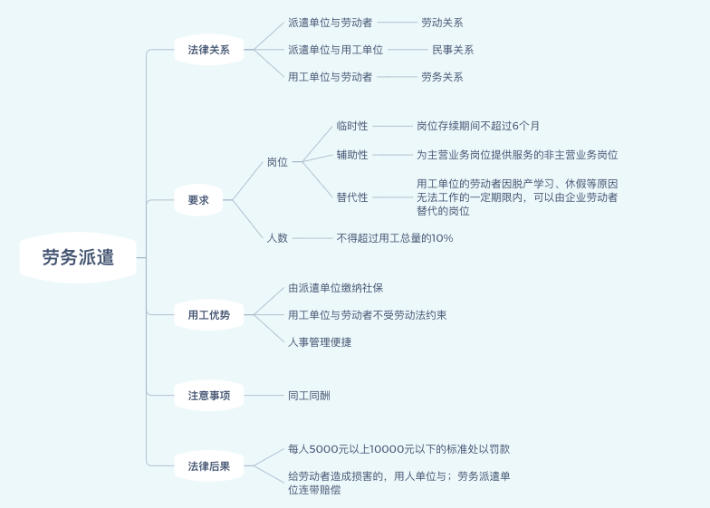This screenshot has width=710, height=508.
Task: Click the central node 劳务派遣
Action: tap(78, 257)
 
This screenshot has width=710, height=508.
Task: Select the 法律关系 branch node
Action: tap(209, 50)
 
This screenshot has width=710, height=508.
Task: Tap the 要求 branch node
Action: tap(198, 200)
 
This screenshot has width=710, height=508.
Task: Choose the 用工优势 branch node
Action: tap(209, 315)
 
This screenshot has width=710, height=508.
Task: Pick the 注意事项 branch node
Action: tap(209, 396)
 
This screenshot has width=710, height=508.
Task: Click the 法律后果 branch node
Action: tap(209, 467)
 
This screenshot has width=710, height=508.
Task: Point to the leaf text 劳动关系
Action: tap(442, 23)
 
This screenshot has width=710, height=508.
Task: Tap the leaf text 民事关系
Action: tap(453, 50)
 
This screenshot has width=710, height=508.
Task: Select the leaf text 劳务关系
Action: tap(442, 77)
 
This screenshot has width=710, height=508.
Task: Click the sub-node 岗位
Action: tap(277, 162)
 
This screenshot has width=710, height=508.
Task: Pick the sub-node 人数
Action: tap(277, 238)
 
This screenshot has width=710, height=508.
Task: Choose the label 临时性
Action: tap(352, 126)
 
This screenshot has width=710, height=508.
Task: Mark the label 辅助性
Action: tap(352, 155)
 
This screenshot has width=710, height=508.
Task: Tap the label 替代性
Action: tap(352, 197)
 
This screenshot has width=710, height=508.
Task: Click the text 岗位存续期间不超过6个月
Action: tap(478, 126)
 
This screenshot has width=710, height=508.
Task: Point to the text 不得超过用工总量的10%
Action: tap(395, 238)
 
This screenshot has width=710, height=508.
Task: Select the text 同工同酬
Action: tap(309, 396)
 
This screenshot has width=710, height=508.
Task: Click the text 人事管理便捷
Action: tap(320, 342)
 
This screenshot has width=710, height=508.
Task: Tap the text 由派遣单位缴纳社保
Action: tap(336, 288)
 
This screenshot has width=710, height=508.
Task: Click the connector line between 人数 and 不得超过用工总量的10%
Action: tap(313, 238)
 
